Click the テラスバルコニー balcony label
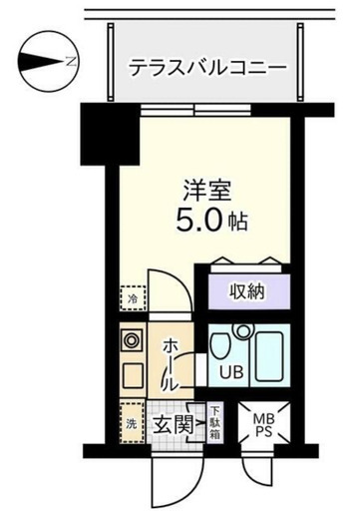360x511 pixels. point(207,67)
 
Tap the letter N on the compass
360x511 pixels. point(71,62)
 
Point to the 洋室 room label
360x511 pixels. point(207,191)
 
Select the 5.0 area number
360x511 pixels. point(198,220)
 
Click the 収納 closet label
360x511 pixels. point(247,291)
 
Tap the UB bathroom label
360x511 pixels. point(231,371)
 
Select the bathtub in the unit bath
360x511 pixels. point(269,356)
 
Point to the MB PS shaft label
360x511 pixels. point(263,425)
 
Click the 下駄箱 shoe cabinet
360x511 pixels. point(215,422)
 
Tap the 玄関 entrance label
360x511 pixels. point(173,425)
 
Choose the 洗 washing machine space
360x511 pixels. point(132,422)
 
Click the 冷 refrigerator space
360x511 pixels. point(133,298)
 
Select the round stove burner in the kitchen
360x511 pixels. point(133,340)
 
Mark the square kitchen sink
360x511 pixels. point(133,375)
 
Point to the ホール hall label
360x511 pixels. point(171,365)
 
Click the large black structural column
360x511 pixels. point(110,135)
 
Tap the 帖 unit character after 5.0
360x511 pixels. point(239,222)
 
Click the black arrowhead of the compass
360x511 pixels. point(41,62)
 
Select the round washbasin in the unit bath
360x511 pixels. point(243,331)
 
